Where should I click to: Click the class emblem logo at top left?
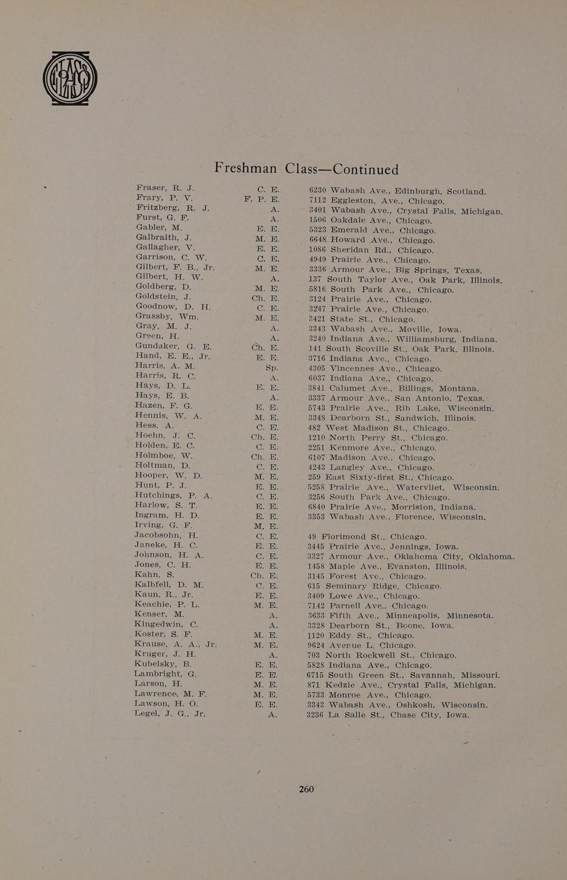point(70,79)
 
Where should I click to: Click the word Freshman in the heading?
point(245,168)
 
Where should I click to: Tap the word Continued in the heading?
point(366,170)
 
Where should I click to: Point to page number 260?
point(306,789)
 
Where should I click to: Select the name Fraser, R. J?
point(165,188)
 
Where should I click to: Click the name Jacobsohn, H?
point(166,535)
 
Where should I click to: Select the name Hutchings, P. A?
point(173,495)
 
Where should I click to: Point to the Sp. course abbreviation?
point(271,368)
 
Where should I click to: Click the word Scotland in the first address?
point(466,191)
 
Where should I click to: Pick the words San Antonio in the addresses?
point(421,398)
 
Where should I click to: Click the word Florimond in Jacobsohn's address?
point(344,536)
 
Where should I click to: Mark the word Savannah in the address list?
point(431,675)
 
